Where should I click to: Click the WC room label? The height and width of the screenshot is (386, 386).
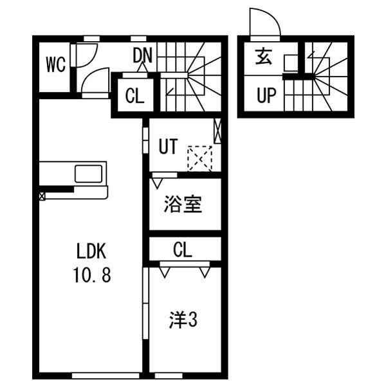[x=56, y=64]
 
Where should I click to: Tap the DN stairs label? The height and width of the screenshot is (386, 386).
[x=142, y=55]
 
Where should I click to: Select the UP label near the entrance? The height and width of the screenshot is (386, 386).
[x=266, y=95]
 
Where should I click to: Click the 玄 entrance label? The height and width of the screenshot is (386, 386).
[x=263, y=57]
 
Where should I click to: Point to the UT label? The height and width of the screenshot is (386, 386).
[x=168, y=146]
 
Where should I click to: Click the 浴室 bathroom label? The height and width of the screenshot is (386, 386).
[x=183, y=204]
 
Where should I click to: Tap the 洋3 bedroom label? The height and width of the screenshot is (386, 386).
[x=183, y=320]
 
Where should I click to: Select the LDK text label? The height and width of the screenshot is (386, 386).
[x=91, y=251]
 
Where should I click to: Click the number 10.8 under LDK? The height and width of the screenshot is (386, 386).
[x=91, y=275]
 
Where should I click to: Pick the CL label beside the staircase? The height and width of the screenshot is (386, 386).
[x=134, y=96]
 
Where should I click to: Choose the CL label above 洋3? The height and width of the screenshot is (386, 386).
[x=183, y=250]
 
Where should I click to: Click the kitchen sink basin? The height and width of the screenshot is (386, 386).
[x=88, y=174]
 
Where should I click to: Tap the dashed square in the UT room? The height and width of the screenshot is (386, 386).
[x=199, y=159]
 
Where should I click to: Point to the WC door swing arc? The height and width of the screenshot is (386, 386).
[x=91, y=58]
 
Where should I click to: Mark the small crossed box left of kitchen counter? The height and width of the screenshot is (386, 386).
[x=42, y=196]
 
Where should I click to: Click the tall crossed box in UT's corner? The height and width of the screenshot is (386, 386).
[x=217, y=131]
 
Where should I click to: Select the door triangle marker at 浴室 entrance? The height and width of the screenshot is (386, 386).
[x=157, y=183]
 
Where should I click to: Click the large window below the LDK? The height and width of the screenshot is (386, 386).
[x=106, y=376]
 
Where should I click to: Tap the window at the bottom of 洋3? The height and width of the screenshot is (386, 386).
[x=169, y=376]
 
